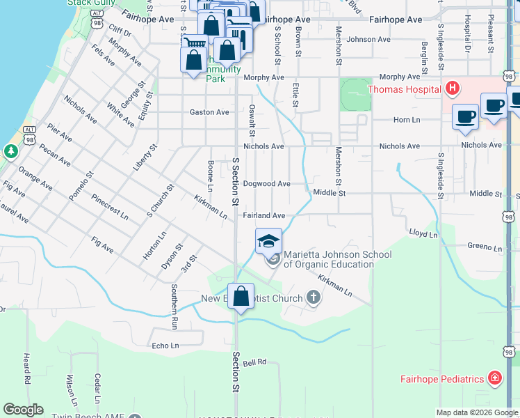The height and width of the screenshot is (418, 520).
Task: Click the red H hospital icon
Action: pos(453,88)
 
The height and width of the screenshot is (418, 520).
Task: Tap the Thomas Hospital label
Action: pos(404,89)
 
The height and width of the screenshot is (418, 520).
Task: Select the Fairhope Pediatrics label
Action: pos(442,379)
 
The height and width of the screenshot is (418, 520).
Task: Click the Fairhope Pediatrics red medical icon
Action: pos(494,378)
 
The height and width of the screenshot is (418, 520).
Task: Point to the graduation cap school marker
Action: pos(269,241)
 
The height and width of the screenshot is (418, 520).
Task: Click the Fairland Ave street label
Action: pos(264,216)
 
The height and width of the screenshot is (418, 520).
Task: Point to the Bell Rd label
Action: pos(257,362)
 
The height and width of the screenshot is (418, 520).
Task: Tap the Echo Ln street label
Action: pos(165,346)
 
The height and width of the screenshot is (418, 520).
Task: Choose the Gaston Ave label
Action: pos(209,112)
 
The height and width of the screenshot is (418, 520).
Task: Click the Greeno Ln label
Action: pos(480,246)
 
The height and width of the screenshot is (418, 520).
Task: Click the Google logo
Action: pos(23,409)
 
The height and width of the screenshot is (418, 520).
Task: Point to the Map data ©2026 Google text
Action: pos(476,412)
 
